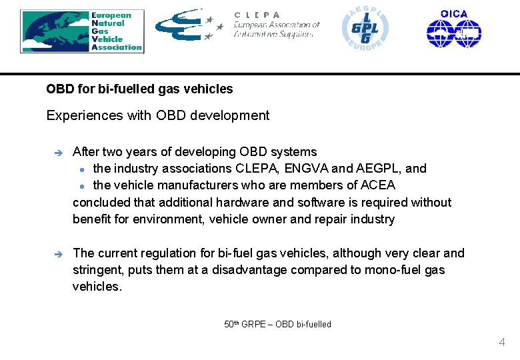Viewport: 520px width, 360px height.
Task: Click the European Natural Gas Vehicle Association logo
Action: click(82, 31)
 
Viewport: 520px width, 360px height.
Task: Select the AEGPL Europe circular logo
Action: click(365, 29)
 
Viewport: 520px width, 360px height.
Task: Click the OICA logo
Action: click(454, 29)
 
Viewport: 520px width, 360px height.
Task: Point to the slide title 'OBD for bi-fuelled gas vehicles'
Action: click(139, 89)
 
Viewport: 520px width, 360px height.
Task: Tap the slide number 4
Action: click(501, 343)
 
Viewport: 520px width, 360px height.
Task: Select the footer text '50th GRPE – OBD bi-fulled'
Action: click(277, 325)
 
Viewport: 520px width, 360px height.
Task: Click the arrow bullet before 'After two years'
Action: click(58, 153)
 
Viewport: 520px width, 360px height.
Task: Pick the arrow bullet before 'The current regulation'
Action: click(58, 254)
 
